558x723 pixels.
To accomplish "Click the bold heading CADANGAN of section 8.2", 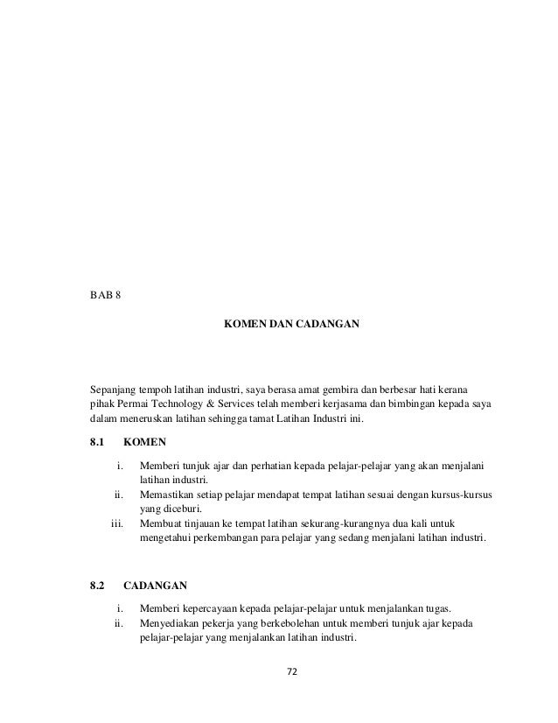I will click(155, 583).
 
